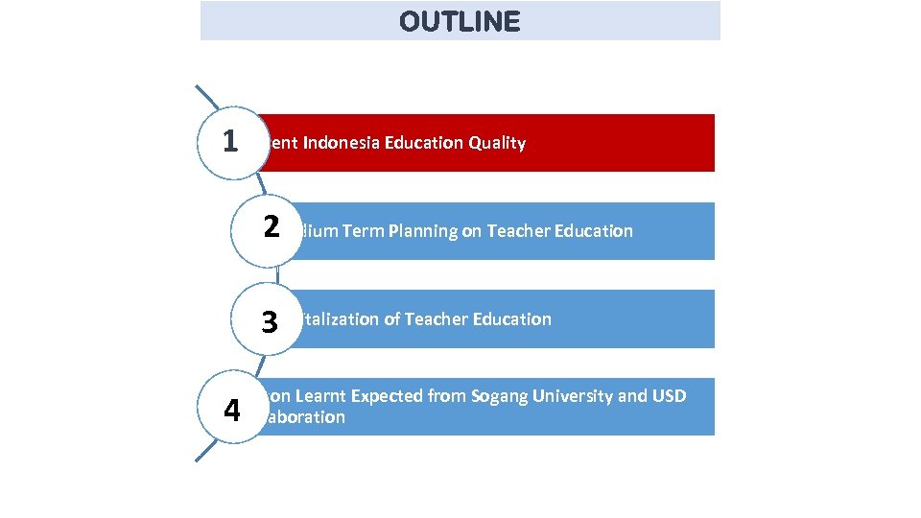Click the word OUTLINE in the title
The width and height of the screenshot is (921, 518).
pos(460,21)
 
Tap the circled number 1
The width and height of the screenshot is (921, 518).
pos(230,141)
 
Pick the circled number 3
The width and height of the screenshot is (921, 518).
pos(270,320)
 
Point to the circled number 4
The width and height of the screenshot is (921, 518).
pos(231,410)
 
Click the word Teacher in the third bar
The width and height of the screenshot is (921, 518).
pos(438,319)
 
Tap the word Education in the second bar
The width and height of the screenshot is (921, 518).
pos(596,231)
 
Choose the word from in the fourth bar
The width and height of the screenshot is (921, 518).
pos(447,396)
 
